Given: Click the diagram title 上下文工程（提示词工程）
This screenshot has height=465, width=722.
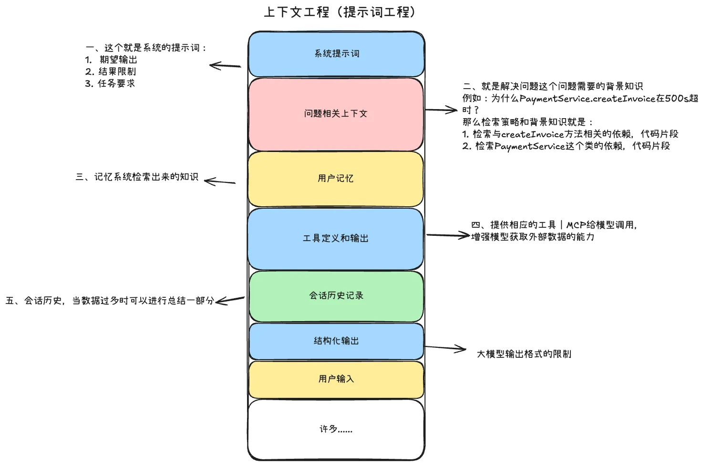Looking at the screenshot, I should pos(340,12).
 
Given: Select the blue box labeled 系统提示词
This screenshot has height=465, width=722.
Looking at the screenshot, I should pos(336,54).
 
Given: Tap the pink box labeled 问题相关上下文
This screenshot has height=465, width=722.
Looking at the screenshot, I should pos(336,114).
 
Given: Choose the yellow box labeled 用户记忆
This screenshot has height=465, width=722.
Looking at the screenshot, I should pos(336,179).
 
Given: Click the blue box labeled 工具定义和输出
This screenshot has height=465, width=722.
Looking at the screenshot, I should pos(336,239).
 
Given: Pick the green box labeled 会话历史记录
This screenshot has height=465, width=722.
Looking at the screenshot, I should pos(336,296).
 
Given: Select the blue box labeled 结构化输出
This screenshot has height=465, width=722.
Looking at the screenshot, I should pos(336,341).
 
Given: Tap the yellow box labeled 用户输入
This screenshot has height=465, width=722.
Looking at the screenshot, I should pos(336,379).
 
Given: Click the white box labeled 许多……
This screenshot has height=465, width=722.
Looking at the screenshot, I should pos(336,429).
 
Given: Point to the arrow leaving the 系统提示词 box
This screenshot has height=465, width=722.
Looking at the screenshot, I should pos(225,66).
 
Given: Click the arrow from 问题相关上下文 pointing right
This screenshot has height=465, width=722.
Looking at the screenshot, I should pos(441,110).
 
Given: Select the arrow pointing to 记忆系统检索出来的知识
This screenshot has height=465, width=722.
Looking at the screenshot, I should pos(220,182).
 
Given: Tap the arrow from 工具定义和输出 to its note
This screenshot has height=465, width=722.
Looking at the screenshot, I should pos(448,235).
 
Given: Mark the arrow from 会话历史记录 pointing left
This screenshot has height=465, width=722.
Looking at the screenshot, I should pos(230,300).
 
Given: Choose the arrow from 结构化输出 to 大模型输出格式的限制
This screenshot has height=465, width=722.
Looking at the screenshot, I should pos(445,348).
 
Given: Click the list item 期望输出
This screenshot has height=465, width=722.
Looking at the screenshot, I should pos(118,60).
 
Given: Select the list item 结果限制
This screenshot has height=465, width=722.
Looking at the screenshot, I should pos(117,72).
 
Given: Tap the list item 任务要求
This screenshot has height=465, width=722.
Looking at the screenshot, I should pos(116,84).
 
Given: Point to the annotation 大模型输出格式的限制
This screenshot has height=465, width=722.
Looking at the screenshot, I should pos(524,354).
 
